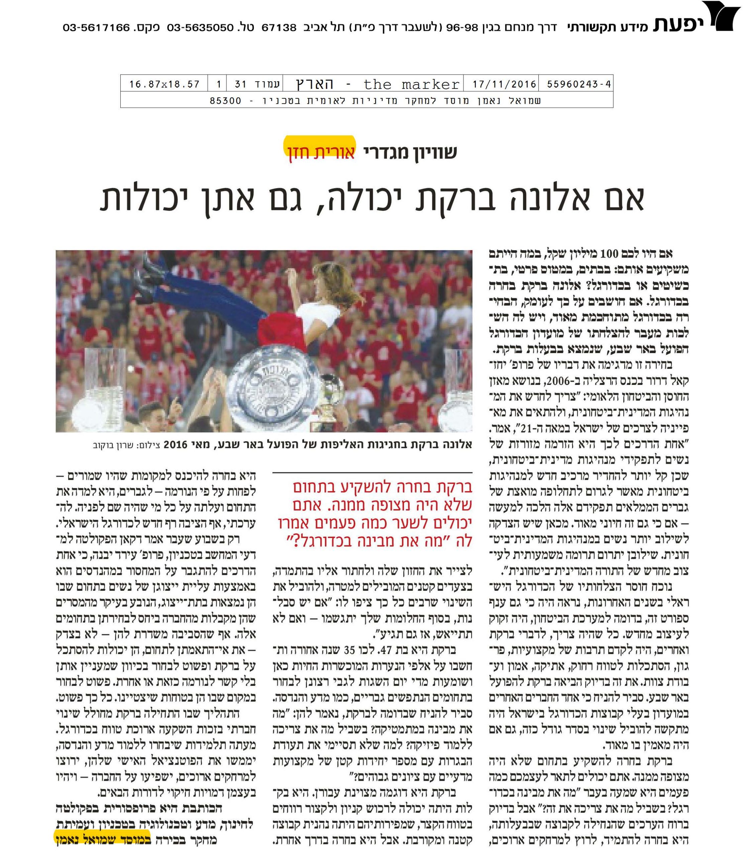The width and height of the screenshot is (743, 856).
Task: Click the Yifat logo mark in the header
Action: click(x=719, y=17)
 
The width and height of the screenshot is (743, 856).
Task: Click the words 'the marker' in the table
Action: click(x=411, y=85)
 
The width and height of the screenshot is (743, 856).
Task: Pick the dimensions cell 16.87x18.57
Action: click(x=165, y=85)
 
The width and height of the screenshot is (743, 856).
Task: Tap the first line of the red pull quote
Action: click(x=376, y=488)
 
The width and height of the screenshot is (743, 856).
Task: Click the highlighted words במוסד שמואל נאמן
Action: click(x=102, y=841)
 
